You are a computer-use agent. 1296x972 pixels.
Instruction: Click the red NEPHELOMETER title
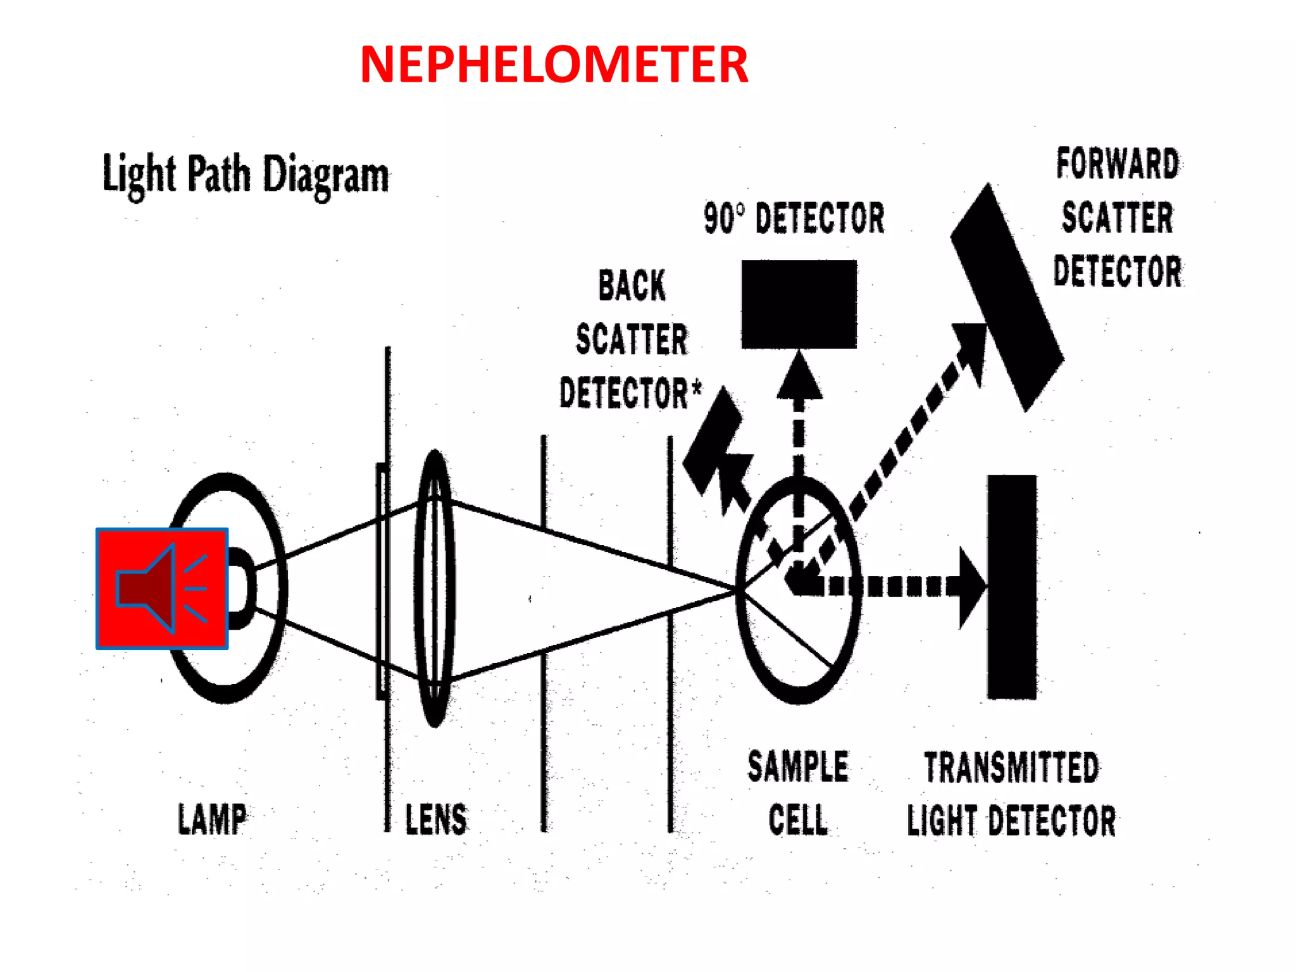tap(554, 65)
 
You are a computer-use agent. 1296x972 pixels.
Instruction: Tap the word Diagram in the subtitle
tap(325, 175)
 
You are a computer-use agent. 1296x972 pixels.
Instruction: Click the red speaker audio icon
tap(162, 589)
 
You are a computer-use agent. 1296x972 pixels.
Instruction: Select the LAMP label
tap(212, 819)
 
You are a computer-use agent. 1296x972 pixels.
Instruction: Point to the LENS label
tap(436, 819)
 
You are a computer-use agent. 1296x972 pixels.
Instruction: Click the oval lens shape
tap(435, 589)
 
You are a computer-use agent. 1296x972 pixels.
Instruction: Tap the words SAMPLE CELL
tap(798, 794)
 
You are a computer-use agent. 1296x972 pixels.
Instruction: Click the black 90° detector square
tap(799, 304)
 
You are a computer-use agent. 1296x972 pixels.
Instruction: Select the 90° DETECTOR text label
tap(794, 218)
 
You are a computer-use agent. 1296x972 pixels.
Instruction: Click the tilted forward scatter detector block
tap(1006, 297)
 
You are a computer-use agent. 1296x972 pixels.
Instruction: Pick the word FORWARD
tap(1118, 164)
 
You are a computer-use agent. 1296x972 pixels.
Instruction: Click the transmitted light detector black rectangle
tap(1011, 587)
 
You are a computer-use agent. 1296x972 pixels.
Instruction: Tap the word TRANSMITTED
tap(1011, 768)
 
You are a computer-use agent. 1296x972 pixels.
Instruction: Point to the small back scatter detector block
tap(712, 443)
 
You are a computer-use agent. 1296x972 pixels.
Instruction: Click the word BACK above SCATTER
tap(632, 285)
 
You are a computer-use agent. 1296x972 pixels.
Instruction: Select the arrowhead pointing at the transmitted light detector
tap(971, 587)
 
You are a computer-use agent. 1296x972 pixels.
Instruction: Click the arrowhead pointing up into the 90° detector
tap(799, 378)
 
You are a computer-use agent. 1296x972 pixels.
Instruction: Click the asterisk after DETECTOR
tap(696, 386)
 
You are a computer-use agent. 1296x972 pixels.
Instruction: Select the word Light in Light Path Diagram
tap(139, 175)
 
